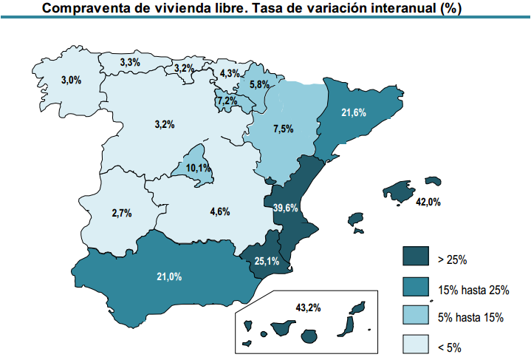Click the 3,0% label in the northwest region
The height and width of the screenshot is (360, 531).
pyautogui.click(x=71, y=80)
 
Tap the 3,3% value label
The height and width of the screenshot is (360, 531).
pyautogui.click(x=130, y=63)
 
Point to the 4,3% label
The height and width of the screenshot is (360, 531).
pyautogui.click(x=230, y=73)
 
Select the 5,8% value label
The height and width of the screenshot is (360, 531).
pyautogui.click(x=259, y=84)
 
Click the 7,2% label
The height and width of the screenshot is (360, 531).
pyautogui.click(x=227, y=101)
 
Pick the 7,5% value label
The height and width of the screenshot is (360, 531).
pyautogui.click(x=284, y=129)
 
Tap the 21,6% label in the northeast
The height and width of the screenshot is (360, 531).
pyautogui.click(x=354, y=112)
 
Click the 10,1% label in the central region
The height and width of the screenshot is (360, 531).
pyautogui.click(x=198, y=169)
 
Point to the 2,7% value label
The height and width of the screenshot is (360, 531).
pyautogui.click(x=122, y=213)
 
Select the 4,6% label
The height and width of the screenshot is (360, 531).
pyautogui.click(x=220, y=211)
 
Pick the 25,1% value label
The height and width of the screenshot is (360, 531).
pyautogui.click(x=267, y=260)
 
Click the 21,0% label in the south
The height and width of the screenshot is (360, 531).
pyautogui.click(x=169, y=276)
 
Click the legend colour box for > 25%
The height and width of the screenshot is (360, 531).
pyautogui.click(x=417, y=257)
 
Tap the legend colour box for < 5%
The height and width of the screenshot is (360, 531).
pyautogui.click(x=417, y=344)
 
